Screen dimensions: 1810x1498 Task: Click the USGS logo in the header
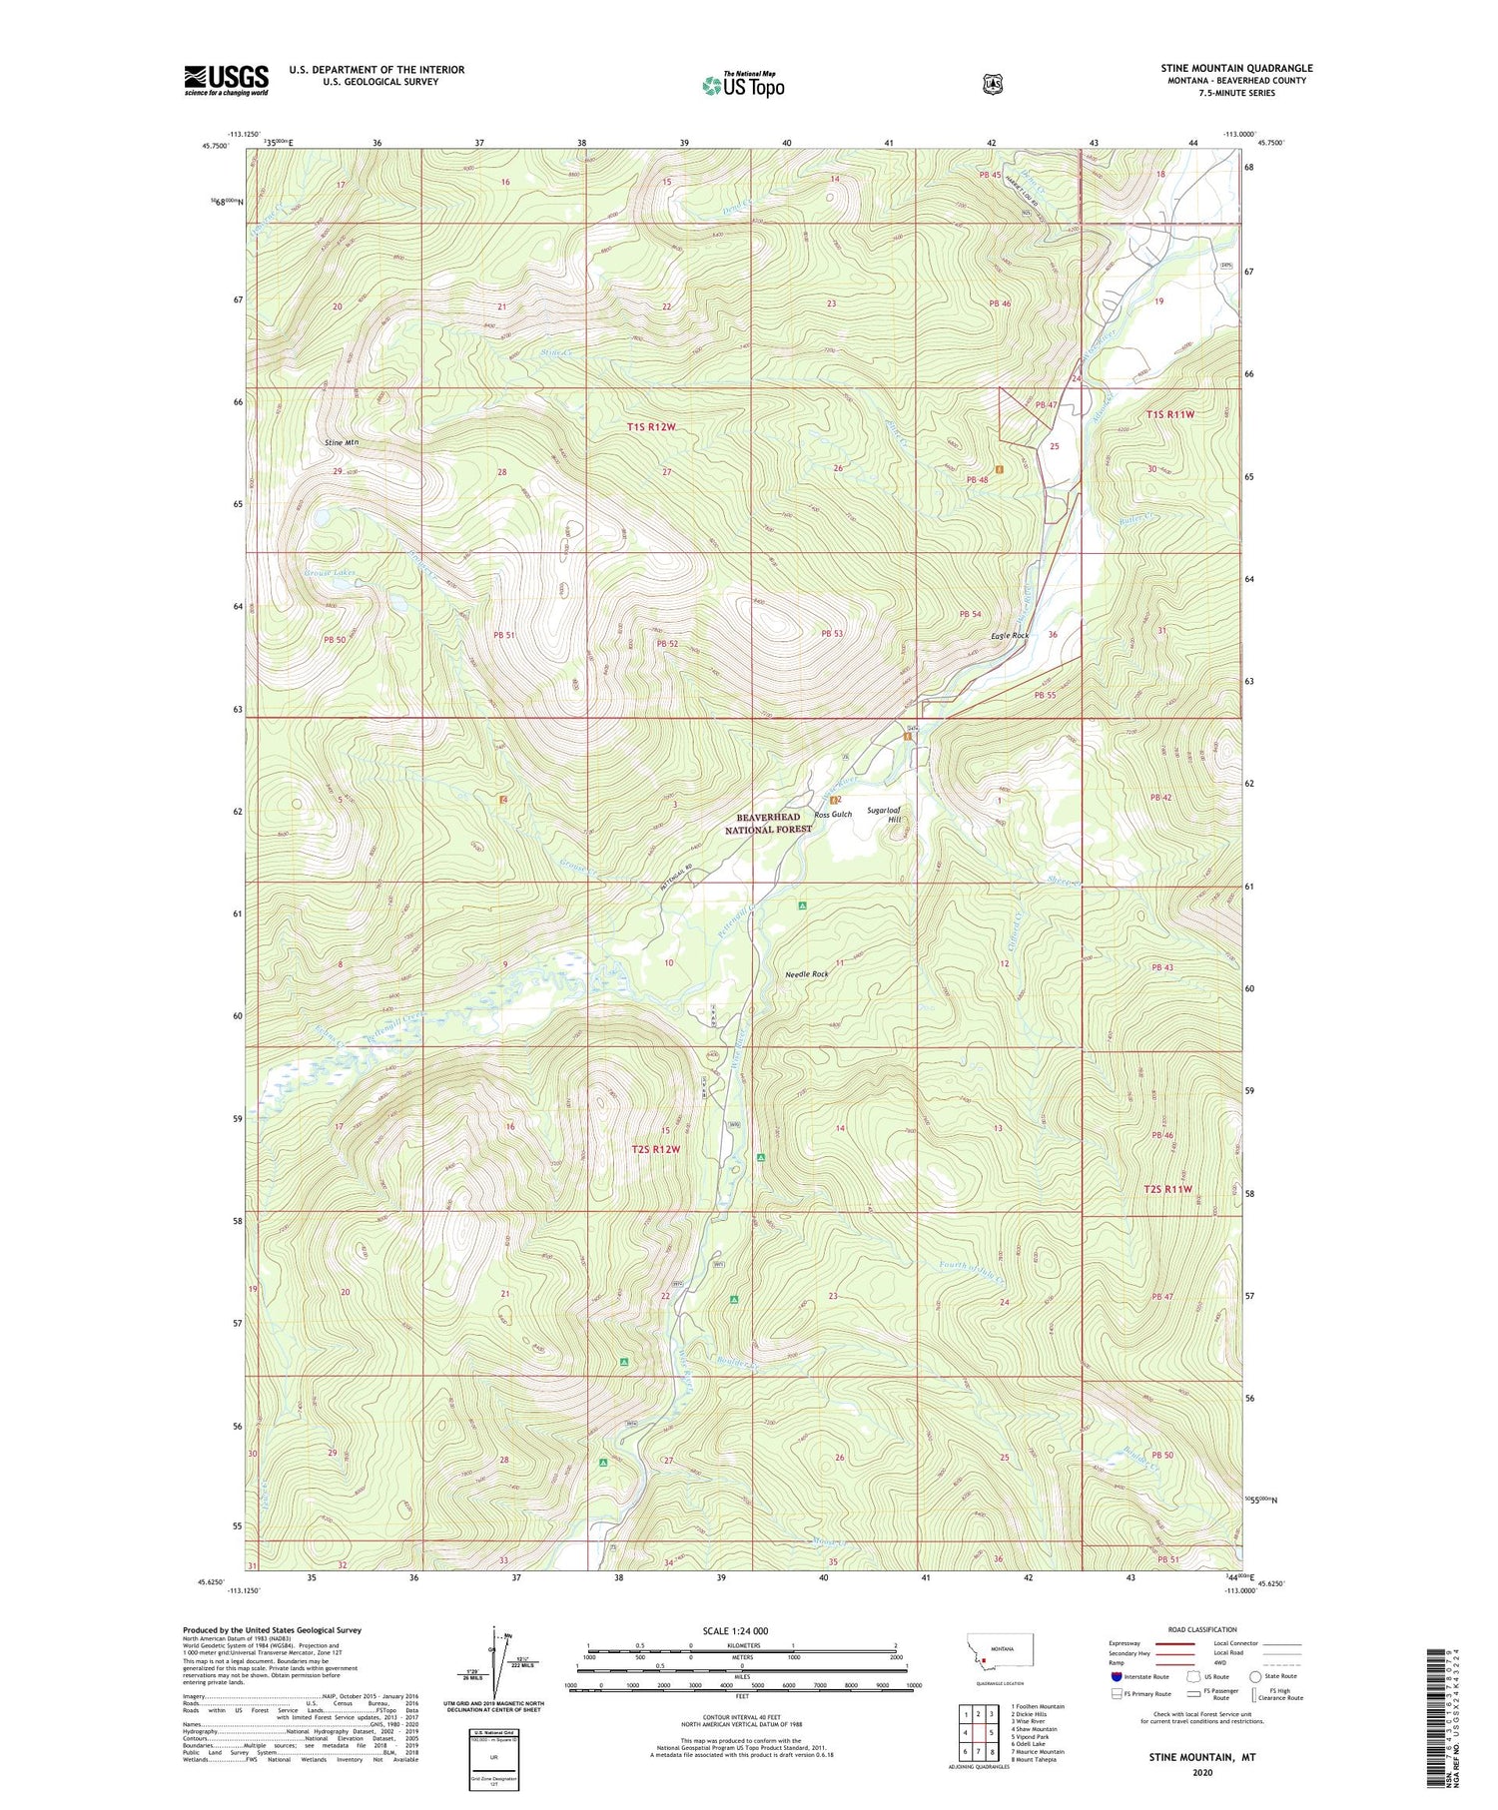[x=226, y=80]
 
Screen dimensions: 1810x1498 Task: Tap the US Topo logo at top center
[x=743, y=85]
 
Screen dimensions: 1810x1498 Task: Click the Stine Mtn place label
[x=341, y=442]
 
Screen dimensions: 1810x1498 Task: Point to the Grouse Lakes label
[x=330, y=573]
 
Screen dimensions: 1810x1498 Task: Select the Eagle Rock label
[x=1009, y=635]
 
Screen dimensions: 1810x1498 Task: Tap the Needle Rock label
[x=806, y=973]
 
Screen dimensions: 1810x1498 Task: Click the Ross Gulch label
[x=833, y=815]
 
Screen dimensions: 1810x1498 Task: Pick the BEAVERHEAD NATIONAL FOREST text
[x=768, y=823]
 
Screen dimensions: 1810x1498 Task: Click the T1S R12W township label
[x=651, y=426]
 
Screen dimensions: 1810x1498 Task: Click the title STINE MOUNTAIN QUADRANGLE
[x=1236, y=68]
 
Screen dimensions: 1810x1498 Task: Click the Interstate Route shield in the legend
[x=1117, y=1676]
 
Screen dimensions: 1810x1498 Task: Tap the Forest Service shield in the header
[x=991, y=85]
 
